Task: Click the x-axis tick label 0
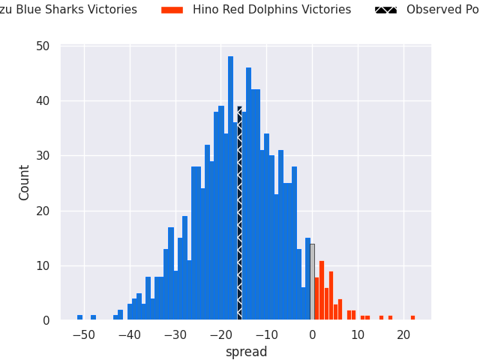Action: click(313, 335)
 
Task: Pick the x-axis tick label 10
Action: click(358, 335)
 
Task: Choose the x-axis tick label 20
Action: click(403, 335)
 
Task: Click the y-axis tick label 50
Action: click(43, 46)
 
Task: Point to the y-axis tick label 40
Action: click(43, 101)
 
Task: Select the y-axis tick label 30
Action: click(43, 156)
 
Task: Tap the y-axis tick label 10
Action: click(43, 266)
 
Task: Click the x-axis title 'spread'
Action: click(246, 352)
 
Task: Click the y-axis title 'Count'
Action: click(25, 182)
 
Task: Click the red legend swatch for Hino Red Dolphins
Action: click(172, 10)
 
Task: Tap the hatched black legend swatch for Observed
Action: click(385, 10)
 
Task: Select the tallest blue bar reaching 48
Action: click(230, 187)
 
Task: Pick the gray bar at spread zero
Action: click(312, 282)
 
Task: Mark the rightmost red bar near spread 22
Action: click(412, 318)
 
